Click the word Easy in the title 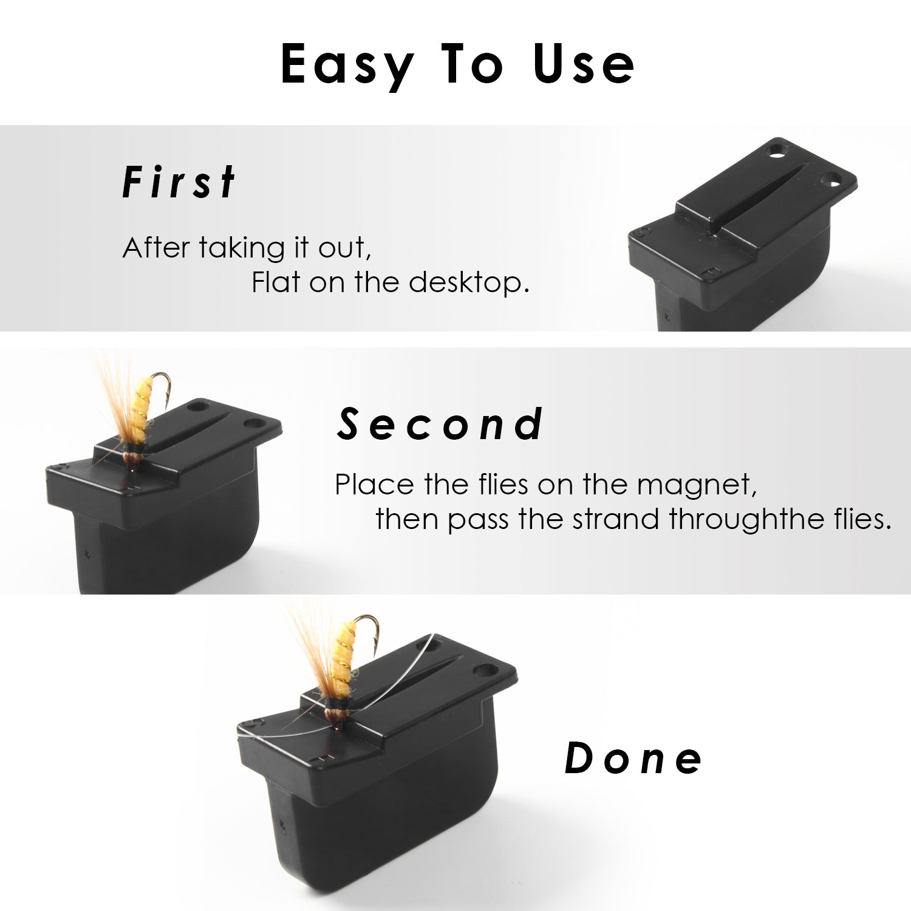[346, 65]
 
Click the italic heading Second [440, 423]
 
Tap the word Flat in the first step [276, 282]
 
